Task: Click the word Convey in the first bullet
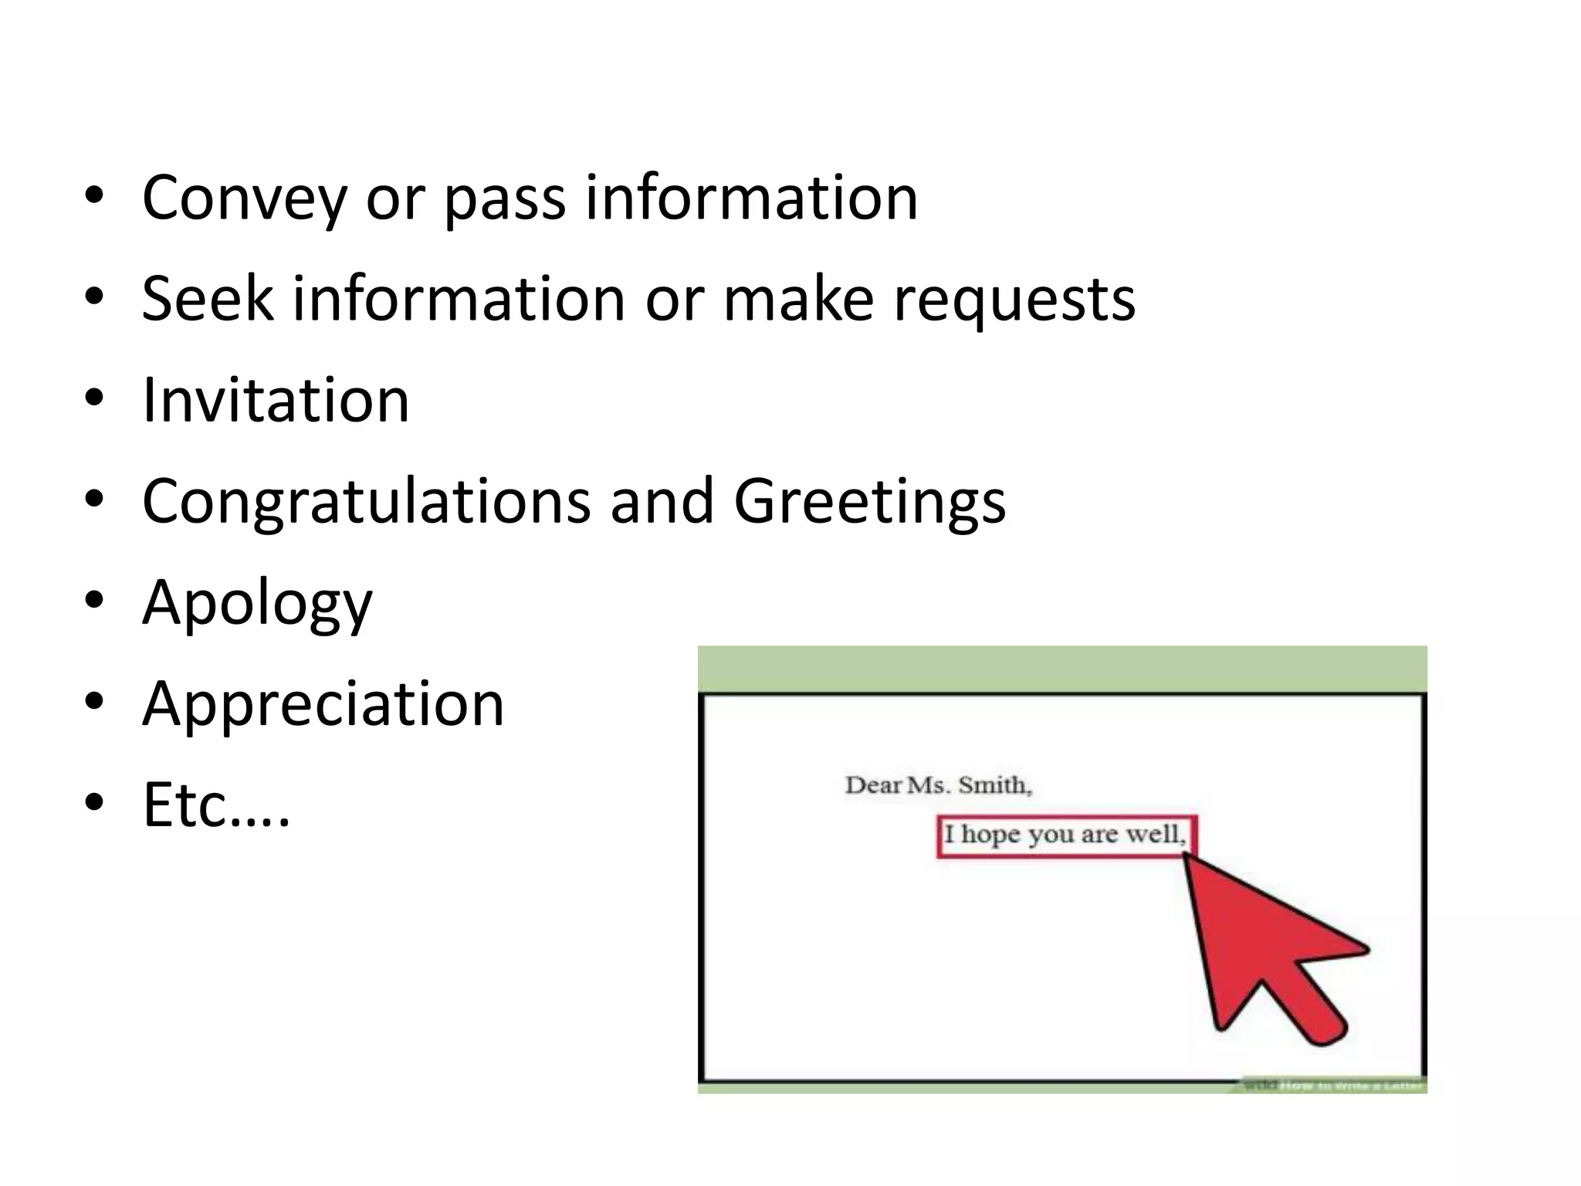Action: (x=244, y=199)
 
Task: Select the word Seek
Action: (x=208, y=300)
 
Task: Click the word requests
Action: (x=1014, y=303)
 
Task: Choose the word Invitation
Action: (x=276, y=401)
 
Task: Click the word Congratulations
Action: (x=367, y=503)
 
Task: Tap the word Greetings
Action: (x=869, y=503)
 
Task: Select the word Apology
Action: (x=257, y=605)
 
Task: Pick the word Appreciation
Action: (x=323, y=705)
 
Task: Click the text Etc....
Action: (x=216, y=805)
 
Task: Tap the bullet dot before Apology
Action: (x=94, y=601)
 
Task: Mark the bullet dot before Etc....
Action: (x=94, y=803)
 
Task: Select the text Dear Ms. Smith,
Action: (x=938, y=785)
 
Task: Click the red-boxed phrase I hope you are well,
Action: (x=1065, y=835)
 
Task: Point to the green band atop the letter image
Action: (x=1061, y=668)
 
